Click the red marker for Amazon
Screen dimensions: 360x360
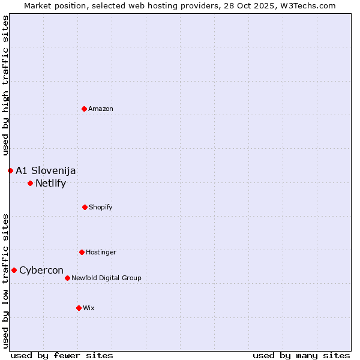click(84, 109)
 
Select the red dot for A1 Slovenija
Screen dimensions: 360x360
click(10, 170)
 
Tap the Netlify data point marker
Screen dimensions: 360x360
click(30, 183)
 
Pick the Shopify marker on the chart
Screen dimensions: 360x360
click(85, 207)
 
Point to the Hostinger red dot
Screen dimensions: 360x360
click(82, 252)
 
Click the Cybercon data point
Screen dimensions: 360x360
click(14, 270)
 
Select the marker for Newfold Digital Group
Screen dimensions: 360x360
click(67, 278)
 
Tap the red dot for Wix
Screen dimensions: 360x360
click(79, 308)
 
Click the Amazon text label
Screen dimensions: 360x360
click(101, 109)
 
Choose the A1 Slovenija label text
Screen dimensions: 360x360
click(46, 170)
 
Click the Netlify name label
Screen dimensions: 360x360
click(50, 183)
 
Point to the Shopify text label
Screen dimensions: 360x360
click(101, 207)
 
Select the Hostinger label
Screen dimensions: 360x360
click(101, 252)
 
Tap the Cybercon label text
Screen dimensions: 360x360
click(41, 270)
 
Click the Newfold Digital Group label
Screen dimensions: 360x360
click(106, 278)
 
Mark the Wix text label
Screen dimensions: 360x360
click(89, 308)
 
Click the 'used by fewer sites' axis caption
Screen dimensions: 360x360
click(62, 355)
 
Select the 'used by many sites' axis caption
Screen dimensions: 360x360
click(301, 355)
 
